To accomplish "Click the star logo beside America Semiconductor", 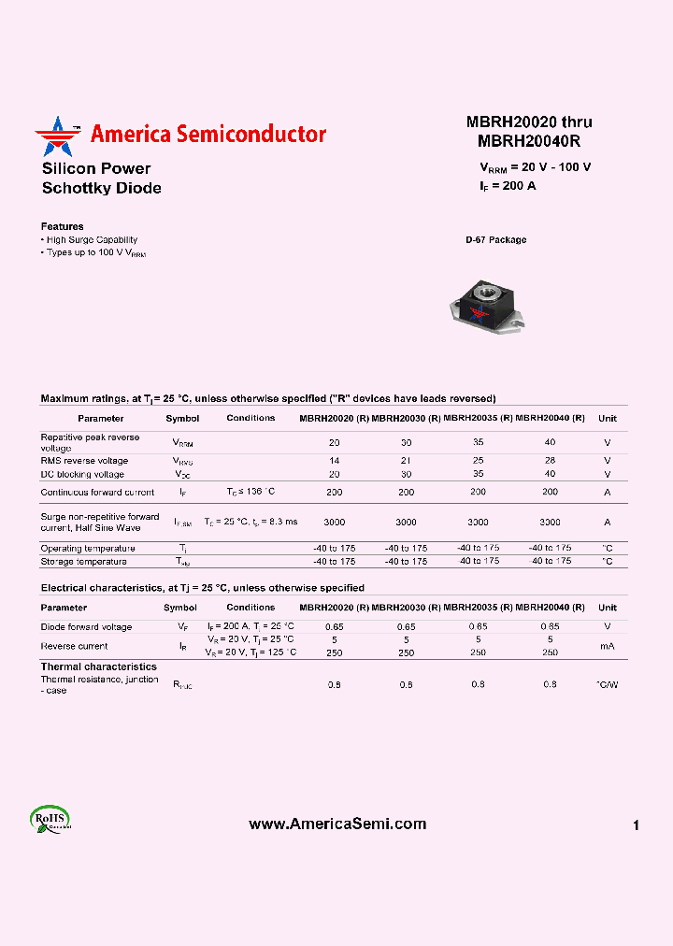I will (58, 136).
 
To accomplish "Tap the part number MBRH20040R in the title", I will (529, 142).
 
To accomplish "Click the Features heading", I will (62, 226).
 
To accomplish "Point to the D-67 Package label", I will (496, 240).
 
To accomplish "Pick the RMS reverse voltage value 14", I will (334, 461).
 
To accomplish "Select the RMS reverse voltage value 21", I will (406, 461).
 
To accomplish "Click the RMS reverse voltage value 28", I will (550, 461).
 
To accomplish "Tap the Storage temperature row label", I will (83, 562).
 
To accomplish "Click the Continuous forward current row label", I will (97, 492).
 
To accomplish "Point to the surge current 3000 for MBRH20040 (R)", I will (550, 523).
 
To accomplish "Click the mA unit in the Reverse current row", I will (608, 646).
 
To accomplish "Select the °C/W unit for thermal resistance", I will (608, 685).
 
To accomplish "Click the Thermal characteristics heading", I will (98, 666).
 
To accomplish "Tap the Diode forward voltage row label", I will (86, 627).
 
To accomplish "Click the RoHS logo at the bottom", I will (50, 819).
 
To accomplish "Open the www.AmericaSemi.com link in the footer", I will (337, 824).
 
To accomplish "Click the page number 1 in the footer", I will (636, 825).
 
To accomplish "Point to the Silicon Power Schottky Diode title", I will (101, 179).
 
